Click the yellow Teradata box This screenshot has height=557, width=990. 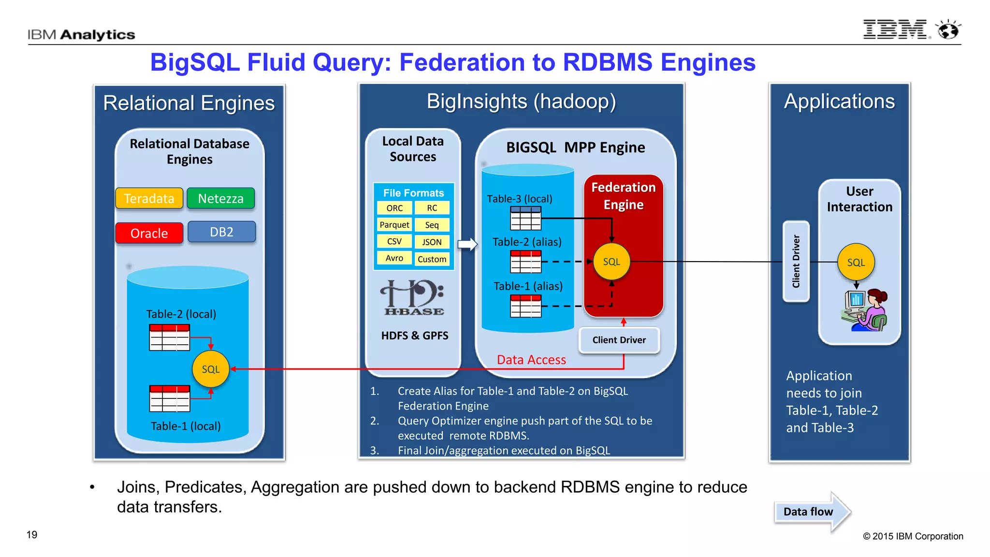pyautogui.click(x=149, y=198)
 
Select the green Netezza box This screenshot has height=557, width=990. pyautogui.click(x=220, y=198)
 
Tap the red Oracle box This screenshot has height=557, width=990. pyautogui.click(x=149, y=233)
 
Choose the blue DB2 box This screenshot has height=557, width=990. pyautogui.click(x=221, y=232)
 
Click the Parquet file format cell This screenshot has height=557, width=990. pyautogui.click(x=394, y=225)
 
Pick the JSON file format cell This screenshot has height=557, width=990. pyautogui.click(x=432, y=242)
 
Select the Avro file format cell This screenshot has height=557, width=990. pyautogui.click(x=394, y=258)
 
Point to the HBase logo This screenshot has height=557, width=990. pyautogui.click(x=413, y=297)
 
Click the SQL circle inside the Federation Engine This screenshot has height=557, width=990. pyautogui.click(x=611, y=262)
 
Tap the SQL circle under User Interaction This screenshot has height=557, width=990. pyautogui.click(x=856, y=262)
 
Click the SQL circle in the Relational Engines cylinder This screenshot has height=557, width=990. pyautogui.click(x=210, y=369)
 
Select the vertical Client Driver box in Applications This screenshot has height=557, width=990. pyautogui.click(x=796, y=262)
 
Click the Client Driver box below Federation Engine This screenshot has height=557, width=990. pyautogui.click(x=619, y=340)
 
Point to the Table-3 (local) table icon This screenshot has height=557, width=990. pyautogui.click(x=525, y=218)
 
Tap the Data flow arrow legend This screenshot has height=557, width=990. pyautogui.click(x=812, y=512)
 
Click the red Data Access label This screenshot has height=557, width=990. pyautogui.click(x=531, y=360)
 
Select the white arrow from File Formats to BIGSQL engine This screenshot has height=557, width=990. pyautogui.click(x=467, y=244)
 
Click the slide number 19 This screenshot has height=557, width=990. pyautogui.click(x=32, y=535)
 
